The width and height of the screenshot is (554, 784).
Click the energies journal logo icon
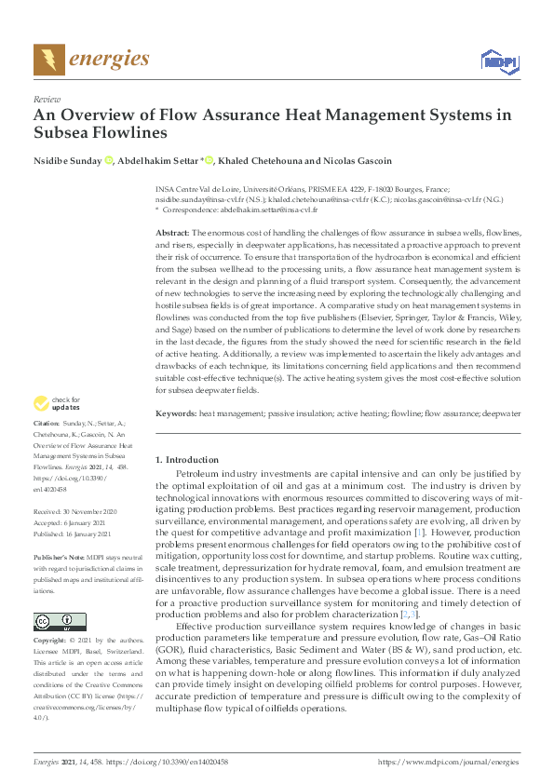pos(48,60)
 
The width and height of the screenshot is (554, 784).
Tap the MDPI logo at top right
pos(499,61)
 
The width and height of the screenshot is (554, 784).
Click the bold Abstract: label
pos(171,231)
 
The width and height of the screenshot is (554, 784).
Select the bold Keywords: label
pos(176,412)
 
